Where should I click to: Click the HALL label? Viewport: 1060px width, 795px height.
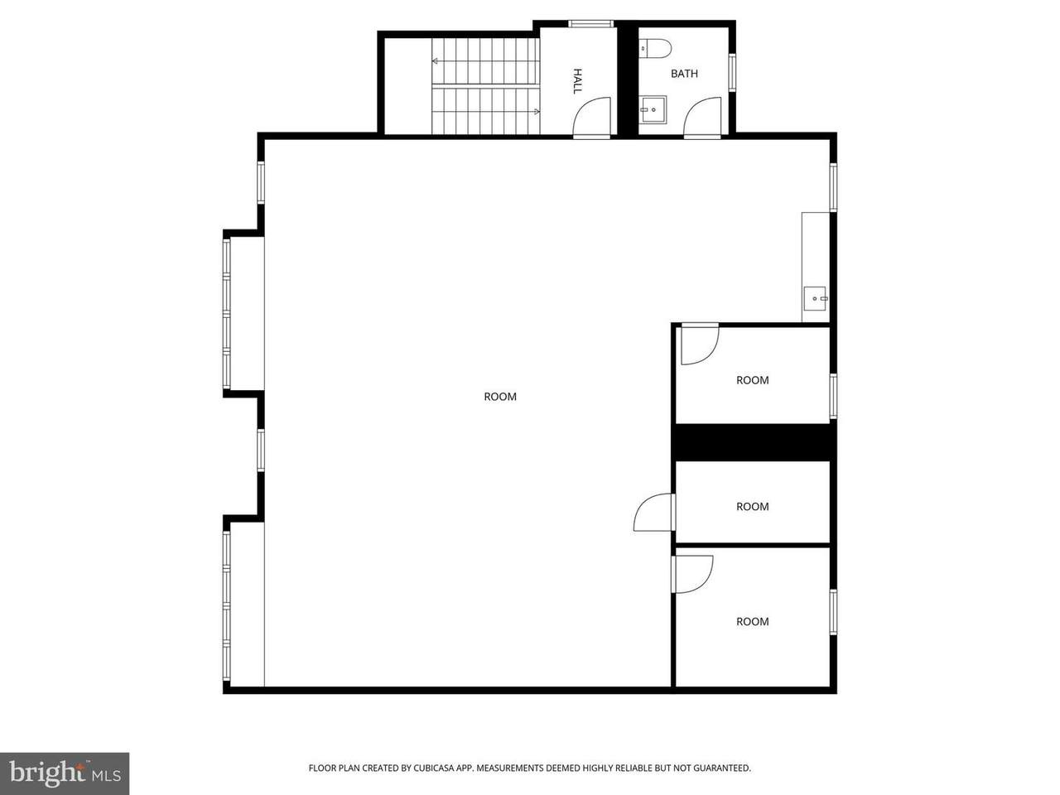pos(577,81)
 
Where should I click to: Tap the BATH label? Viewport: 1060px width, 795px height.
pos(684,74)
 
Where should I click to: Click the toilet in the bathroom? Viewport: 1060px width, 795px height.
pos(655,48)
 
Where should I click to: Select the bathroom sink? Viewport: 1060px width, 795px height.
pos(653,110)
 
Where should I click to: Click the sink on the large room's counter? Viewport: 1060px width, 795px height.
pos(815,299)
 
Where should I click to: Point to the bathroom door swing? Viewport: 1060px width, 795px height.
pos(702,118)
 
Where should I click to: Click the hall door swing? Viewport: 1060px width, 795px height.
pos(591,118)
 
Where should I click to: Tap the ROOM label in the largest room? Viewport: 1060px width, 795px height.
pos(500,397)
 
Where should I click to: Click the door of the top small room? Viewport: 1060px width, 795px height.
pos(699,344)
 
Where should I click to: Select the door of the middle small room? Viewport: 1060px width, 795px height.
pos(655,512)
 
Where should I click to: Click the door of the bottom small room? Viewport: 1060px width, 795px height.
pos(691,575)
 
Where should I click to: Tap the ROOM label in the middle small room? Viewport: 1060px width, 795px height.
pos(753,507)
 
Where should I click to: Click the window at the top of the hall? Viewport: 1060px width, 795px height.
pos(590,24)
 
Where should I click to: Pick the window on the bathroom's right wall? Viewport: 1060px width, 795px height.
pos(732,72)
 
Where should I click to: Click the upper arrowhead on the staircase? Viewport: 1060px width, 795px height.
pos(435,61)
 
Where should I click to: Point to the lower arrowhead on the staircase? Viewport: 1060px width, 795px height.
pos(537,112)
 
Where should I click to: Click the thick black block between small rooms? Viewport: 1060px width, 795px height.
pos(755,442)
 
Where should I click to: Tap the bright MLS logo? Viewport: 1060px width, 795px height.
pos(65,773)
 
